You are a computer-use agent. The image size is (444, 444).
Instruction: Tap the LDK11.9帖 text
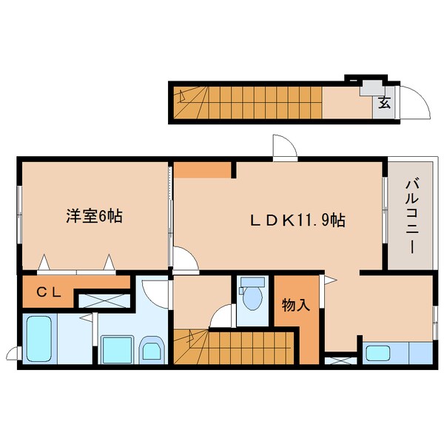click(x=295, y=220)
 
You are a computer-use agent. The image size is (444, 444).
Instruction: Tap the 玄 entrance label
click(x=385, y=103)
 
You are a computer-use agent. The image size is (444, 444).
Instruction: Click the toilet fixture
click(x=253, y=296)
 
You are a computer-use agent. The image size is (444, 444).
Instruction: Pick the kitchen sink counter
click(x=397, y=352)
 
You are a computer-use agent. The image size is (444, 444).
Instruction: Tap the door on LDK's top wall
click(x=284, y=147)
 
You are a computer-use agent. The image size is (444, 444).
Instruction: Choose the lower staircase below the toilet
click(x=235, y=346)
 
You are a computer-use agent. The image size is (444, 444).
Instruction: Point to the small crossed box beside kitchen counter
click(x=341, y=362)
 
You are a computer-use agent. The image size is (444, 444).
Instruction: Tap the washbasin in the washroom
click(x=152, y=349)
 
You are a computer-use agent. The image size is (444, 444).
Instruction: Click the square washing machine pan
click(x=115, y=348)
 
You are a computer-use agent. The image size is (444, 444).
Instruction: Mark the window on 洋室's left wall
click(x=19, y=215)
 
